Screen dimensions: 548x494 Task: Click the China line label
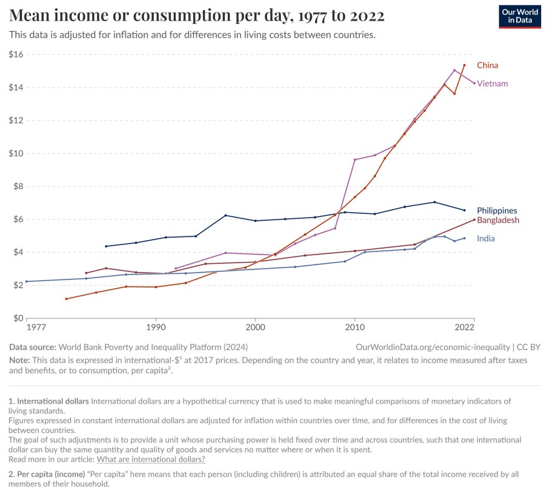coord(487,65)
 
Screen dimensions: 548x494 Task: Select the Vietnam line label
coord(492,84)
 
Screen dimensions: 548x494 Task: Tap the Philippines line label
coord(497,210)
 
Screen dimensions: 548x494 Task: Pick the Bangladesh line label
coord(498,220)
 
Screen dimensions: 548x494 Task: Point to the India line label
coord(486,238)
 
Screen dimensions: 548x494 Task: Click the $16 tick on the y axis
coord(16,54)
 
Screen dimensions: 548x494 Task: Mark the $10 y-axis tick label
coord(16,153)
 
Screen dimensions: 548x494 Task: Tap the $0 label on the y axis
coord(18,318)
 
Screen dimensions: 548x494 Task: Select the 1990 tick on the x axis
coord(156,327)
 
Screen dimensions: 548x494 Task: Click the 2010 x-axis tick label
coord(355,327)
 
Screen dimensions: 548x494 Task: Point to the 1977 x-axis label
coord(36,327)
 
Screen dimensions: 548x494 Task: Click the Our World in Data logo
coord(520,16)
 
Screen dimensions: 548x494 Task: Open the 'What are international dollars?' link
coord(151,459)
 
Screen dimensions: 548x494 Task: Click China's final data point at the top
coord(464,65)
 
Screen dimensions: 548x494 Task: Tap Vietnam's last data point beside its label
coord(475,83)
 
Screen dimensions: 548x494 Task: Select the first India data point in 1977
coord(27,281)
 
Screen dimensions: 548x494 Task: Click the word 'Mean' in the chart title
coord(29,16)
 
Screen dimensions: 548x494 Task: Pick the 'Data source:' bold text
coord(32,347)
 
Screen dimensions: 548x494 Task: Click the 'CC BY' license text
coord(529,347)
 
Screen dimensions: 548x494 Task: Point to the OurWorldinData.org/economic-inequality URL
coord(433,347)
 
